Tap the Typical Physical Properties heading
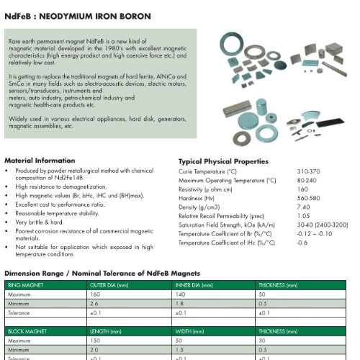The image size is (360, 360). point(223,162)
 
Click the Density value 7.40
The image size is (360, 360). point(303,207)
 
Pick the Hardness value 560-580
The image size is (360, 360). point(308,198)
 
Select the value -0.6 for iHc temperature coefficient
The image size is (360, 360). point(302,243)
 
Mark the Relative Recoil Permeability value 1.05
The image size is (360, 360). point(303,216)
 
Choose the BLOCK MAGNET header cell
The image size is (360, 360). point(25,330)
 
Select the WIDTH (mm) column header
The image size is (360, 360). point(189,330)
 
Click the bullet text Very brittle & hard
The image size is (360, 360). point(40,223)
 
